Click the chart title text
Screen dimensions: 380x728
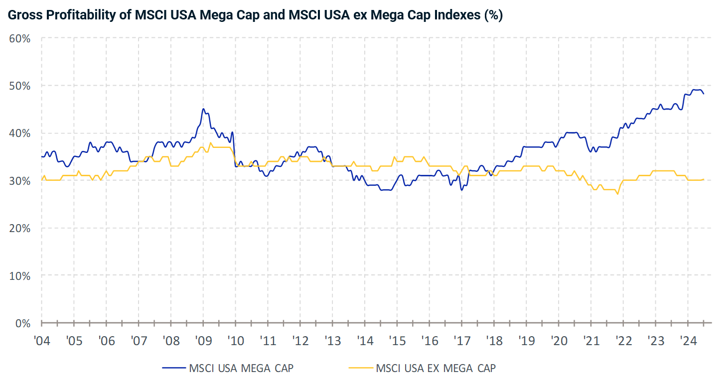(x=255, y=15)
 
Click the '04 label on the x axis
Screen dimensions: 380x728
(x=41, y=342)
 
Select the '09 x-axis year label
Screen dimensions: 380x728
(x=203, y=342)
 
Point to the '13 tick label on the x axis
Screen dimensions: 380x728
(x=332, y=342)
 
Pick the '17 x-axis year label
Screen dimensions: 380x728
(x=461, y=342)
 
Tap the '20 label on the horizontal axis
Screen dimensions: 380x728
(x=559, y=342)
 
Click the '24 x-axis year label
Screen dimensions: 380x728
(x=688, y=342)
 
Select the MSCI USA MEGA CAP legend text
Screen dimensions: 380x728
(x=241, y=369)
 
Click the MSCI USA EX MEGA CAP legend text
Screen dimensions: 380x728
(x=436, y=369)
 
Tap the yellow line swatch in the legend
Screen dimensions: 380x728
(x=360, y=369)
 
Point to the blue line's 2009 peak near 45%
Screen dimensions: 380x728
(x=203, y=109)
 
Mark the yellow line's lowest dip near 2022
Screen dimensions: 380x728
(x=617, y=194)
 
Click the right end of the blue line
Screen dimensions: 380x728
(x=703, y=94)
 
